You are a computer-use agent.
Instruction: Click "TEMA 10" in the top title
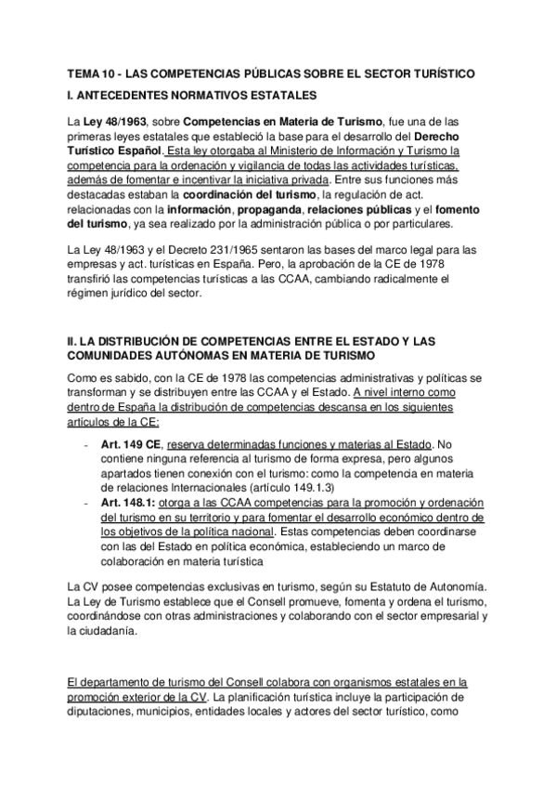tap(94, 72)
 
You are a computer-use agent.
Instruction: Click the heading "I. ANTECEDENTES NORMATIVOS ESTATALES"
tap(192, 95)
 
